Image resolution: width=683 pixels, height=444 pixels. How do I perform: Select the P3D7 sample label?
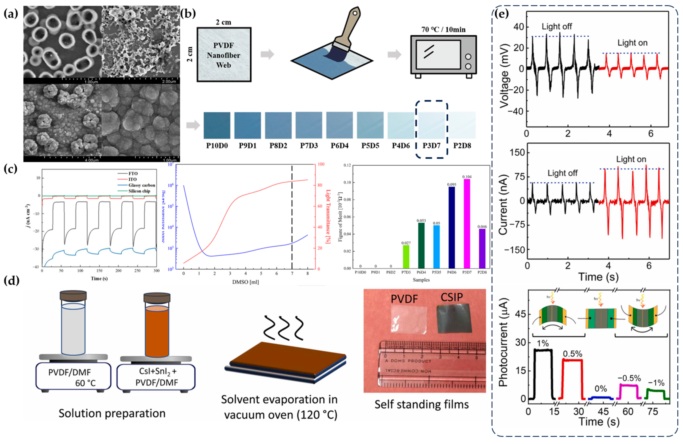click(x=431, y=146)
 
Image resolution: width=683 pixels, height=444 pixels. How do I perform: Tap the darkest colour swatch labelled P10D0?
click(x=217, y=125)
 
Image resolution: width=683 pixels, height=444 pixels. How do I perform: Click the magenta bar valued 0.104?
click(x=467, y=224)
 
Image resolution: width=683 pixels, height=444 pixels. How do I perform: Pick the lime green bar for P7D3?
click(x=406, y=257)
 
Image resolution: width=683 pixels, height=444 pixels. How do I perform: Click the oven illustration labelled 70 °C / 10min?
click(x=443, y=54)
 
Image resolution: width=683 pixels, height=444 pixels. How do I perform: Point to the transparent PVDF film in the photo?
click(x=409, y=320)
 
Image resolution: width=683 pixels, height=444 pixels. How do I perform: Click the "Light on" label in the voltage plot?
click(x=633, y=43)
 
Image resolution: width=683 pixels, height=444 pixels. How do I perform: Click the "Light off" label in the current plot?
click(x=562, y=173)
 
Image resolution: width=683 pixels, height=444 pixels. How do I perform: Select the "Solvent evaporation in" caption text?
click(x=279, y=399)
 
